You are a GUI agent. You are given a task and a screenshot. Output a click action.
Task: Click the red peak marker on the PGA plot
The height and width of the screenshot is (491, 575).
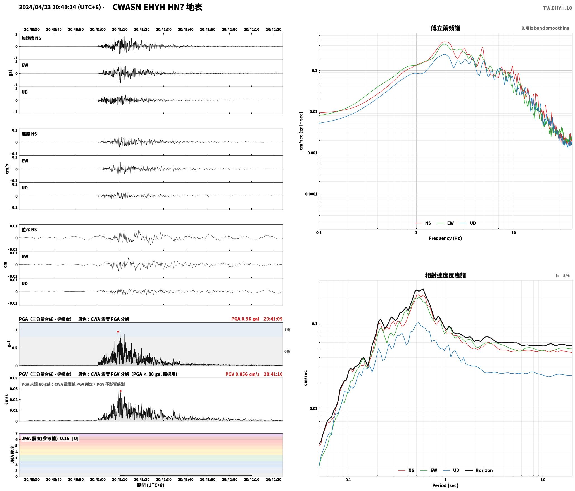(x=118, y=332)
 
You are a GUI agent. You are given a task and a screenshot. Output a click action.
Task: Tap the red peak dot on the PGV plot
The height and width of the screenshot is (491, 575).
(x=120, y=391)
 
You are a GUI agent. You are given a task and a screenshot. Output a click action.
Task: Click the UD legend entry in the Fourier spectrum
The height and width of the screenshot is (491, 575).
(x=468, y=223)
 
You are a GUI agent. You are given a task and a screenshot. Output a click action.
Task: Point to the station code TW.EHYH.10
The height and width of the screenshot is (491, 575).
(x=557, y=8)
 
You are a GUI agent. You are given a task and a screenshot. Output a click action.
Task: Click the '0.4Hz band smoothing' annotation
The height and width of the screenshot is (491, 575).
(x=545, y=28)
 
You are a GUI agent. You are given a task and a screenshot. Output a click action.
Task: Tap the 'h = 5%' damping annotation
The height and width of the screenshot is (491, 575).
(x=563, y=276)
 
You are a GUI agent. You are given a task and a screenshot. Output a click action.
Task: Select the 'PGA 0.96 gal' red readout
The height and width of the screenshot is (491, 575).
(x=245, y=319)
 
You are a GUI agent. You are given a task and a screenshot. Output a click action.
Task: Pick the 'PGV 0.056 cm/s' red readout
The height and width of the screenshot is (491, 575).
(x=243, y=374)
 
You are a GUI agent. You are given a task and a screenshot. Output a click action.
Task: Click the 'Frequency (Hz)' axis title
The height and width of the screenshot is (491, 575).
(x=445, y=238)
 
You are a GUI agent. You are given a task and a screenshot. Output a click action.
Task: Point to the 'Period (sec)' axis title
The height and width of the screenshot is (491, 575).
(x=445, y=485)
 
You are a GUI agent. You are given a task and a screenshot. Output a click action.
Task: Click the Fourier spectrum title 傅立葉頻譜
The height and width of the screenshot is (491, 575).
(x=445, y=28)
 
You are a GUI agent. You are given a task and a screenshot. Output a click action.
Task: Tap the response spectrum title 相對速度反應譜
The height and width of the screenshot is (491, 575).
(x=445, y=275)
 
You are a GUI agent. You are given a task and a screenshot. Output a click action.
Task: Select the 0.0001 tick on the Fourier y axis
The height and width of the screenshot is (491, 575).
(x=311, y=194)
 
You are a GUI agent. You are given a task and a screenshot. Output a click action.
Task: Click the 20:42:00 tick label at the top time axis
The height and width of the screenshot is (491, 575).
(x=230, y=30)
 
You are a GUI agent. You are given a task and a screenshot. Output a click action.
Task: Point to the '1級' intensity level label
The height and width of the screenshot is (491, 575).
(x=287, y=330)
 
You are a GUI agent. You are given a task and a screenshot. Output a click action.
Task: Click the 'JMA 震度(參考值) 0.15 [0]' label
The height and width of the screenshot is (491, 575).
(x=50, y=439)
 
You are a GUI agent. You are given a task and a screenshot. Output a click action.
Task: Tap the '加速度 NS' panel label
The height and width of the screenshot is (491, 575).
(x=31, y=38)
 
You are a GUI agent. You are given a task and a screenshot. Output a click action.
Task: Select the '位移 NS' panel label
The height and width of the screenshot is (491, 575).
(x=29, y=230)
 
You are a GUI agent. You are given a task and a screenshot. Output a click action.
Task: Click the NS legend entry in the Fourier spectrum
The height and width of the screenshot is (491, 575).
(x=423, y=223)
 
